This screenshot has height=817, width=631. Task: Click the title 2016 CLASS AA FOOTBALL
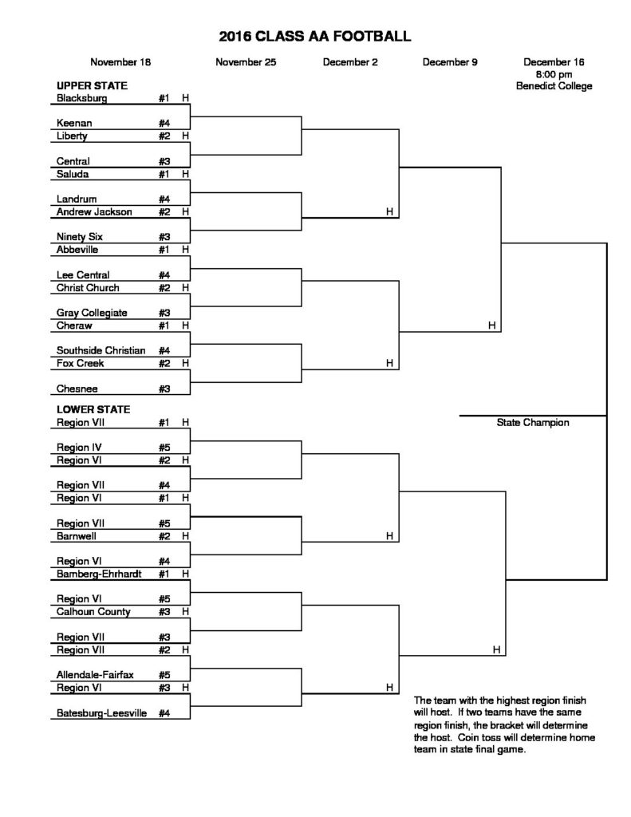[315, 36]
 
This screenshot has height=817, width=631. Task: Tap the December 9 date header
[450, 61]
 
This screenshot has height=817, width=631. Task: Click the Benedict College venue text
[554, 86]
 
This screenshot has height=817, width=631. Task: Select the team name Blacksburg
[82, 98]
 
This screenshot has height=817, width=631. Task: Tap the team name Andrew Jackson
[94, 212]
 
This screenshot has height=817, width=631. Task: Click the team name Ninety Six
[80, 237]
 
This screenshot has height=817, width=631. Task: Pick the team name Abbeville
[79, 249]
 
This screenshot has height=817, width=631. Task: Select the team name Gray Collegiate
[93, 313]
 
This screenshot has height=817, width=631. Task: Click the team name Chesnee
[77, 389]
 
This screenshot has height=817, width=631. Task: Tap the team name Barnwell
[77, 536]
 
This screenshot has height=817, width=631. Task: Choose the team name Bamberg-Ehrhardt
[100, 573]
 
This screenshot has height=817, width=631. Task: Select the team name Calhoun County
[93, 612]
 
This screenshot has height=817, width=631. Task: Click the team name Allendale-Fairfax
[95, 675]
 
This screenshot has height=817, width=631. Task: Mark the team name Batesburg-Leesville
[101, 713]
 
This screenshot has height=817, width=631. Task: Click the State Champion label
[532, 423]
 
